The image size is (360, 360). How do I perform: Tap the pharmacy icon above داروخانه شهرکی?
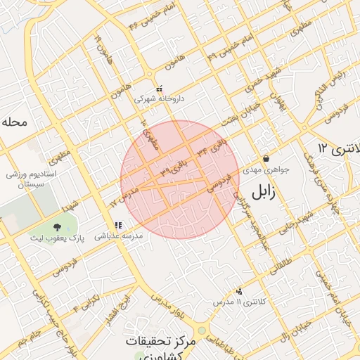[160, 89]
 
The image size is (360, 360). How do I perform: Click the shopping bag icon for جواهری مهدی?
[266, 158]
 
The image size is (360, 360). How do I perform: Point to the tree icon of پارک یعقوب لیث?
[57, 226]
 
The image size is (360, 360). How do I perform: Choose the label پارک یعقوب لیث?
[57, 238]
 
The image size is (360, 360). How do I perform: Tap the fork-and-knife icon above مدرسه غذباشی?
[117, 226]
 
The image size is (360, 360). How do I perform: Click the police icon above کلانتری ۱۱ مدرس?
[240, 290]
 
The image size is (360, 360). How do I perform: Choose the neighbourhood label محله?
[14, 122]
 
